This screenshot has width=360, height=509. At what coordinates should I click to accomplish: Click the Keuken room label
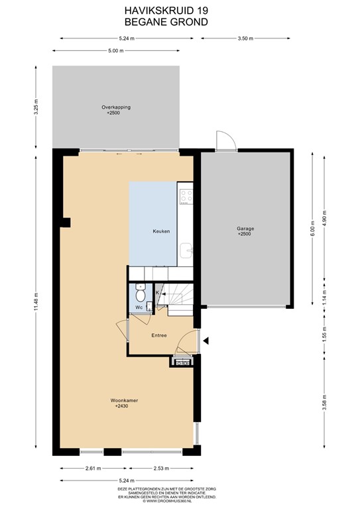pos(162,231)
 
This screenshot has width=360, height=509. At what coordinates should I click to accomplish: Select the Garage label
pos(245,229)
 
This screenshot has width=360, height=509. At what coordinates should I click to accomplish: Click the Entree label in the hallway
pos(158,335)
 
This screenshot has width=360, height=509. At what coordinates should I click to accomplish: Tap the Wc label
pos(139,308)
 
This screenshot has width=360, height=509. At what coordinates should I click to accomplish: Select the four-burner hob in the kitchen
pos(186,196)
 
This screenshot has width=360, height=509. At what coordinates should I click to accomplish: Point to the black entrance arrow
pos(206,341)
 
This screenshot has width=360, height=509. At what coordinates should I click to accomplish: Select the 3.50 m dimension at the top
pos(245,38)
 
